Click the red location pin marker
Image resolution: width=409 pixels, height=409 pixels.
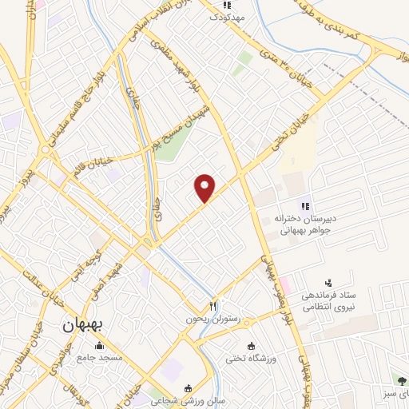(x=205, y=187)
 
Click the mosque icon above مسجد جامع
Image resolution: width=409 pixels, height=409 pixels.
(x=99, y=345)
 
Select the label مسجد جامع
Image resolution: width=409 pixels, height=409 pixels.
(x=99, y=356)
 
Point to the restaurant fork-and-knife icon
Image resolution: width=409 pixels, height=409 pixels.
(x=212, y=306)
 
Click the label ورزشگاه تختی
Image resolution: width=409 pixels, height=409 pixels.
(x=273, y=357)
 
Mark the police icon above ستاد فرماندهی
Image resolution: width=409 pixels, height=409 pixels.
(x=327, y=283)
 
